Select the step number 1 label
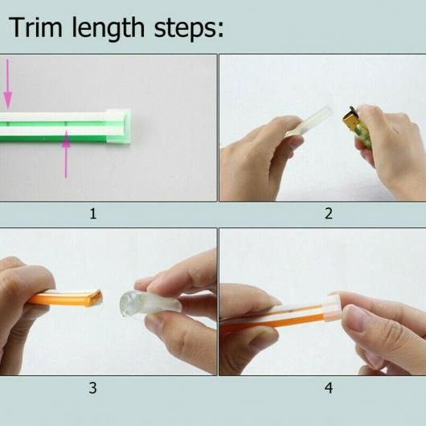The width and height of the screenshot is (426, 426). (x=93, y=214)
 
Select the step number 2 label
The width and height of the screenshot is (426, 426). (x=329, y=214)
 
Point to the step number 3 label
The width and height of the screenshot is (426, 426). (x=92, y=388)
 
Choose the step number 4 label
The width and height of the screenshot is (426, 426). (x=329, y=388)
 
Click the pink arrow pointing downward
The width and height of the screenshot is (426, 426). (x=7, y=84)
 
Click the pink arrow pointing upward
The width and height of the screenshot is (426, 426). (x=66, y=154)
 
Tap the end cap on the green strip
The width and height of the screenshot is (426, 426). (x=118, y=126)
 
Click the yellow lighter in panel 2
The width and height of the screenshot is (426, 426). (x=357, y=127)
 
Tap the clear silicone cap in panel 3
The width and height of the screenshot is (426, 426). (x=150, y=303)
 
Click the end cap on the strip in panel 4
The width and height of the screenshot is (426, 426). (x=331, y=308)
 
